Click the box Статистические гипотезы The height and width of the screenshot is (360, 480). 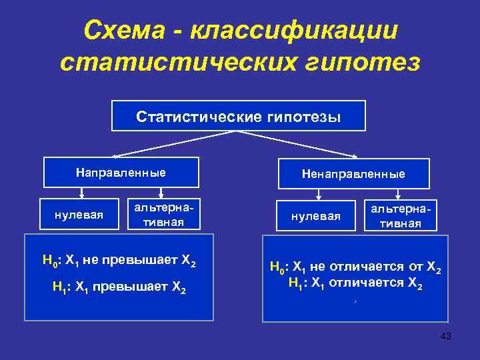(x=238, y=116)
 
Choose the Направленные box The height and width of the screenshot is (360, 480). (x=121, y=173)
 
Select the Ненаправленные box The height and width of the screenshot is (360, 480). (x=353, y=173)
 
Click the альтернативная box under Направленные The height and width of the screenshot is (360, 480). (x=164, y=215)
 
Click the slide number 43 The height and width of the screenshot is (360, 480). (x=446, y=337)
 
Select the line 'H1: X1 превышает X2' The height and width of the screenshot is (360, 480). (x=119, y=288)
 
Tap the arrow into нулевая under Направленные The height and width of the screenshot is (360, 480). (x=81, y=193)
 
